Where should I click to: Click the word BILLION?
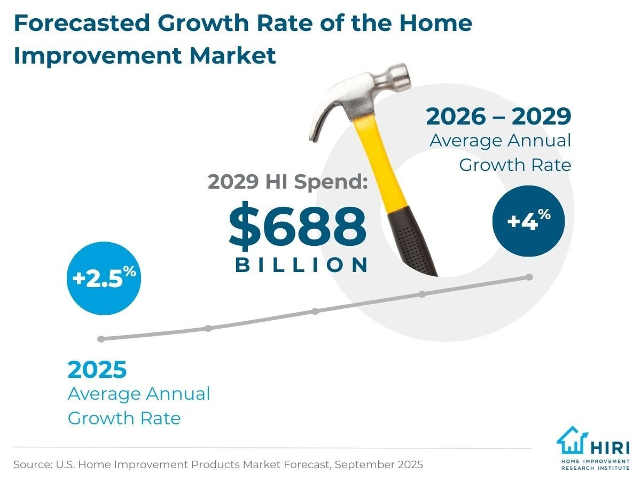pyautogui.click(x=302, y=265)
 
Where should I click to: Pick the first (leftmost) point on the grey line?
pyautogui.click(x=101, y=339)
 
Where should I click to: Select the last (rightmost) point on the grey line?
pyautogui.click(x=529, y=277)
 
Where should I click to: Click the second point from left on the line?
pyautogui.click(x=208, y=328)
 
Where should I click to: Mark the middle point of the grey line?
pyautogui.click(x=315, y=311)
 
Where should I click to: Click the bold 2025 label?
pyautogui.click(x=97, y=370)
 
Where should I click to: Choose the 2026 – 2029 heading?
pyautogui.click(x=498, y=117)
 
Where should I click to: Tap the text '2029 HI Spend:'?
pyautogui.click(x=287, y=182)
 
